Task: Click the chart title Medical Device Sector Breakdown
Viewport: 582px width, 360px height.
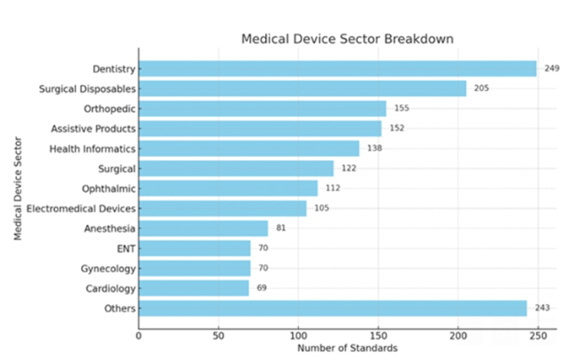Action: point(348,40)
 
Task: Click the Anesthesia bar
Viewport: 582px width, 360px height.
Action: point(203,228)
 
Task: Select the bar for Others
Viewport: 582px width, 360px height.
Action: point(333,308)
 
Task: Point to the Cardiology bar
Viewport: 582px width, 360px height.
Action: point(194,288)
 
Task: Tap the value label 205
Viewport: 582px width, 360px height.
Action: point(481,88)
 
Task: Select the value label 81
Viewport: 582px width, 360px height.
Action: point(280,228)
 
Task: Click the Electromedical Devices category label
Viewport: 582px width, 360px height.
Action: point(81,209)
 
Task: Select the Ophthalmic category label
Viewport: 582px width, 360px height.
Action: point(109,188)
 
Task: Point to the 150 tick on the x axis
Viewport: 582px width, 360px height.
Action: point(379,335)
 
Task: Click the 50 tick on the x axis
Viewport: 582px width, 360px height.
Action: point(218,335)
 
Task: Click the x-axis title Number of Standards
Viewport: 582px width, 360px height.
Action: point(348,349)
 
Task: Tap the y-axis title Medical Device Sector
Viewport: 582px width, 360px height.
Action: point(18,188)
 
